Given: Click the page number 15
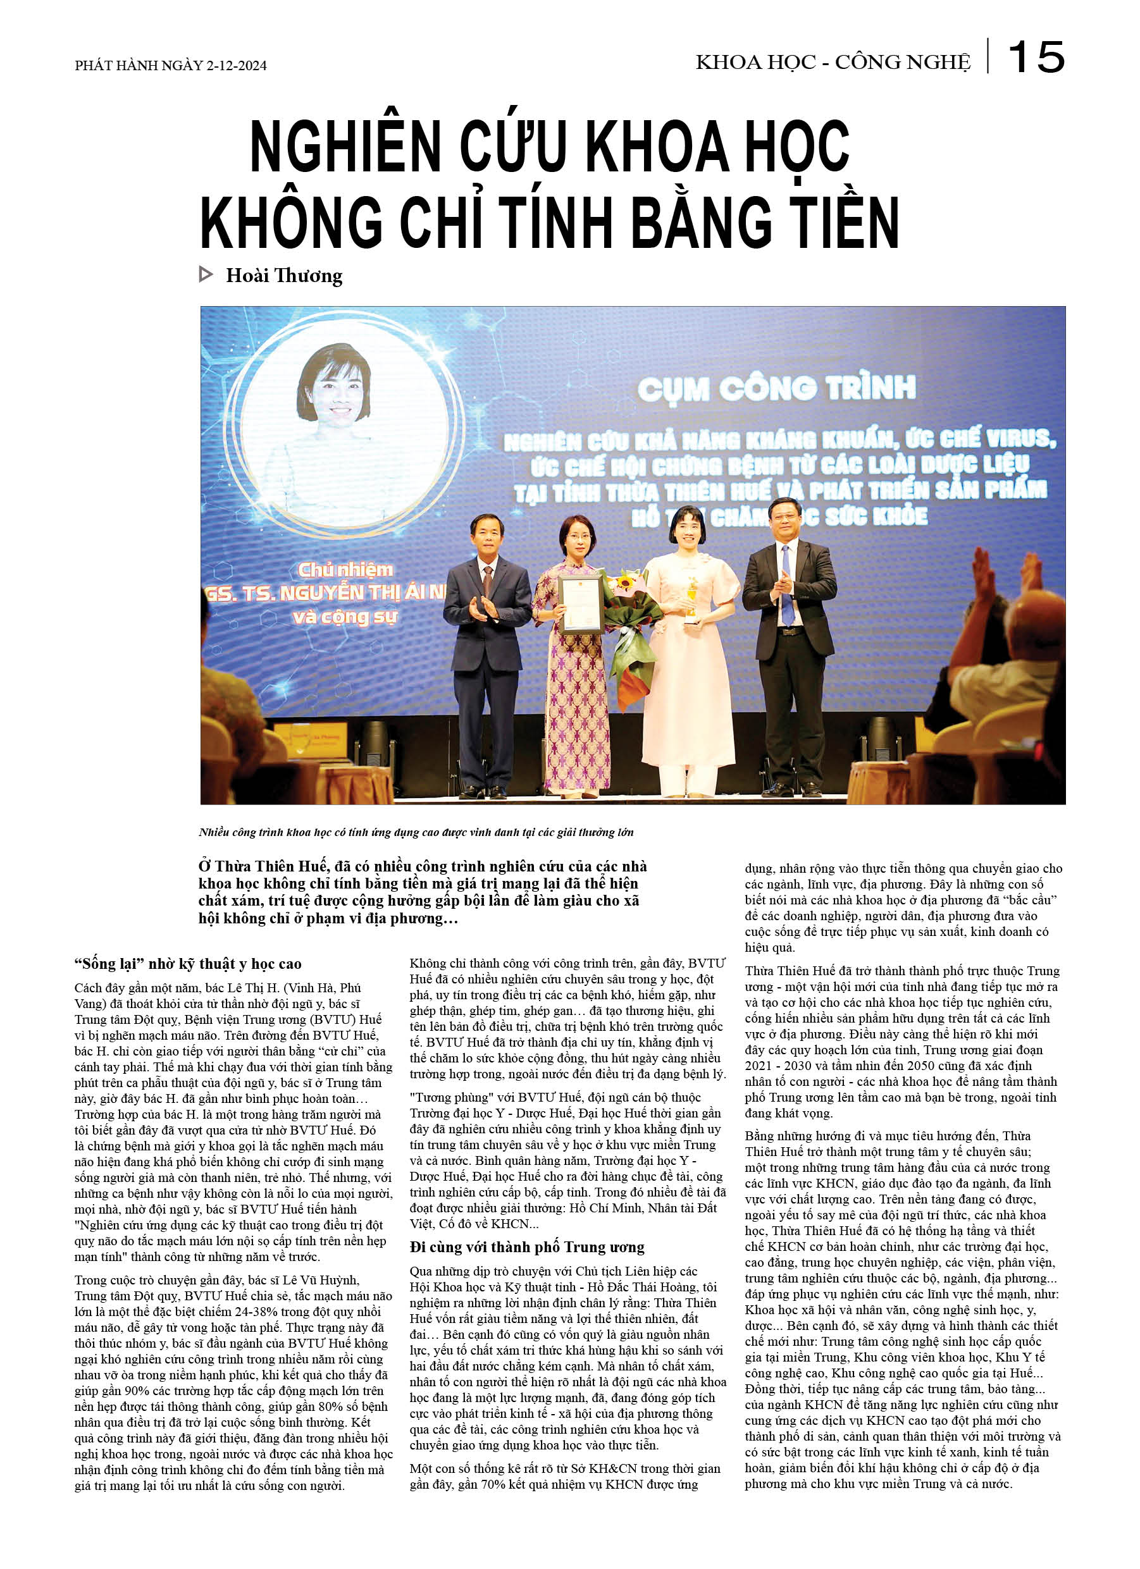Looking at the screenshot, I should pos(1036,57).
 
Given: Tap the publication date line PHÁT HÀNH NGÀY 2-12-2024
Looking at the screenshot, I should pos(170,66).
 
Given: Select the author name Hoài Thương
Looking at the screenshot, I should pos(284,275).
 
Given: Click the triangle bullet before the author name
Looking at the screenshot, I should pos(206,274).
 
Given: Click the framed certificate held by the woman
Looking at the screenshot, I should pos(581,603).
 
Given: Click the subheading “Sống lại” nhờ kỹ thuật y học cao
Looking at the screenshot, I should pos(188,964).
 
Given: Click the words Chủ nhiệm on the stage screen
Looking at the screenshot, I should pos(345,569).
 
